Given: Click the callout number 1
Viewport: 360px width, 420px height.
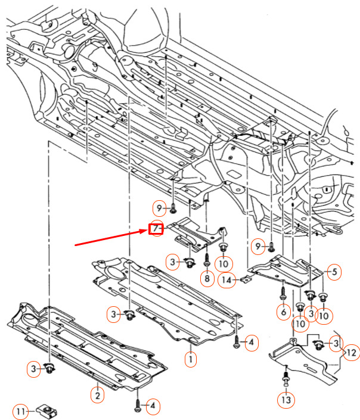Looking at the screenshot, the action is (191, 359).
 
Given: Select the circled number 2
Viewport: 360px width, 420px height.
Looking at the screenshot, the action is (98, 395).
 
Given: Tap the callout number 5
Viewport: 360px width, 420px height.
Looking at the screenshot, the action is (334, 272).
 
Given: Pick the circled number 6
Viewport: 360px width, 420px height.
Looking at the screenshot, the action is (284, 312).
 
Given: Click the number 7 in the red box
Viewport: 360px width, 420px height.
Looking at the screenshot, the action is (156, 229).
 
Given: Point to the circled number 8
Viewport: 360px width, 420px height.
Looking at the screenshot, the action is (207, 278).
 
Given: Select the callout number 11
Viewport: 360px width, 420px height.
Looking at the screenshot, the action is (21, 411).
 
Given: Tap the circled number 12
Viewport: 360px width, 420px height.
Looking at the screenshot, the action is (352, 353).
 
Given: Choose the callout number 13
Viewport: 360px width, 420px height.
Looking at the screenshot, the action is (286, 400).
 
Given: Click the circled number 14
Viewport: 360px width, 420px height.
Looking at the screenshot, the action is (226, 280).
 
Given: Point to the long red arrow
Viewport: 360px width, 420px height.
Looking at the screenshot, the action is (111, 237).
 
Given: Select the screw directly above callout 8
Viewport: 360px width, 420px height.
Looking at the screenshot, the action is (207, 260).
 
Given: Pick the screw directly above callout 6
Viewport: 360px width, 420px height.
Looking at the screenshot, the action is (283, 293).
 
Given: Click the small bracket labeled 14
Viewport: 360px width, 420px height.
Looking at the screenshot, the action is (247, 279).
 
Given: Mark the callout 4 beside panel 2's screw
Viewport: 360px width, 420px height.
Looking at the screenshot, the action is (153, 406).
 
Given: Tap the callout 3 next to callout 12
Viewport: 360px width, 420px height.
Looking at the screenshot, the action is (336, 343).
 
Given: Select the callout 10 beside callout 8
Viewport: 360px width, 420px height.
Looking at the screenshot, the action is (224, 264).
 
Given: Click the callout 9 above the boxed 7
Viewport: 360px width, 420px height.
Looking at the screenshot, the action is (159, 208).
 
